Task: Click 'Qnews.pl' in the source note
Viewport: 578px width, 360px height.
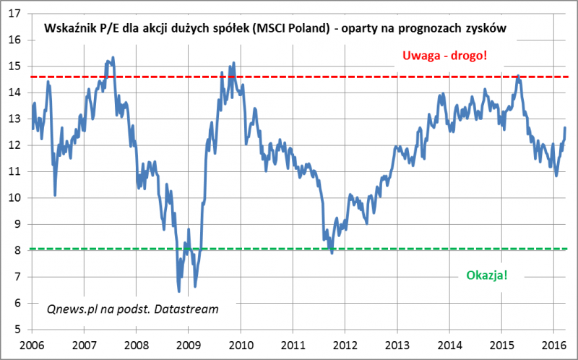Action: (x=69, y=308)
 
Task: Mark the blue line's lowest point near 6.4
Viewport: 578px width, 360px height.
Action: (x=178, y=291)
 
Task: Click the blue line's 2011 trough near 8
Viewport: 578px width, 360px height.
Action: (x=332, y=252)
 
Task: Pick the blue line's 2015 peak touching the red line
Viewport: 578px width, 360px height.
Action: (x=518, y=75)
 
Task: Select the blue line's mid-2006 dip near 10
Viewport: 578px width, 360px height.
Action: (x=56, y=194)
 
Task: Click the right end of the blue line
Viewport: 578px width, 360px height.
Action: (x=564, y=128)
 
